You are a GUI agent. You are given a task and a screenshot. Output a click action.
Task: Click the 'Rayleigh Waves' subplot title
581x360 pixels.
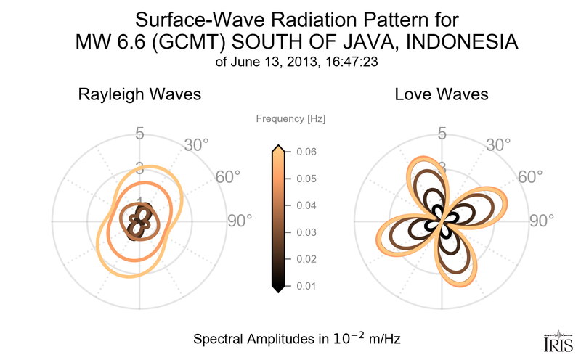coord(139,94)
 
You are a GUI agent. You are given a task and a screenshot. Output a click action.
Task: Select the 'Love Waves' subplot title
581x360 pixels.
coord(442,94)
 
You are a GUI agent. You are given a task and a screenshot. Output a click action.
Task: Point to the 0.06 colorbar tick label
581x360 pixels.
coord(306,152)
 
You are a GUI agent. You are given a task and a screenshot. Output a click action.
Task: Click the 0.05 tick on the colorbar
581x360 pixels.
coord(306,179)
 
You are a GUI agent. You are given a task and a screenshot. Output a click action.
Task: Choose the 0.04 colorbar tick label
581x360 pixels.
coord(306,205)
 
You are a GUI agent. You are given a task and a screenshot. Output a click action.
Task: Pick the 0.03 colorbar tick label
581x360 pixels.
coord(306,232)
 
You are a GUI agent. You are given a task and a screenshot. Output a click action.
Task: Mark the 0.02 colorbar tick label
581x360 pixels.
coord(306,259)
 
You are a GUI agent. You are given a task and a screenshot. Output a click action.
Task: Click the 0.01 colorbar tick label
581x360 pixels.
coord(306,286)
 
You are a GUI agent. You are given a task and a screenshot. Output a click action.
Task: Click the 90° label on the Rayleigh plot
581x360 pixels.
coord(240,221)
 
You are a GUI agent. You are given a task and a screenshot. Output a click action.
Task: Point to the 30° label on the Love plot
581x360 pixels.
coord(498,144)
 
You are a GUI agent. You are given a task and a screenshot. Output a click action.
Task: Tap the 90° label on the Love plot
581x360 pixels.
coord(542,221)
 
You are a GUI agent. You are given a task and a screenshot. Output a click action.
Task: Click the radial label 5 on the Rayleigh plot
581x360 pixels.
coord(139,134)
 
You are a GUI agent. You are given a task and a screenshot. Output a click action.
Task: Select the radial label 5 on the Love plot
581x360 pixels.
coord(442,134)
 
